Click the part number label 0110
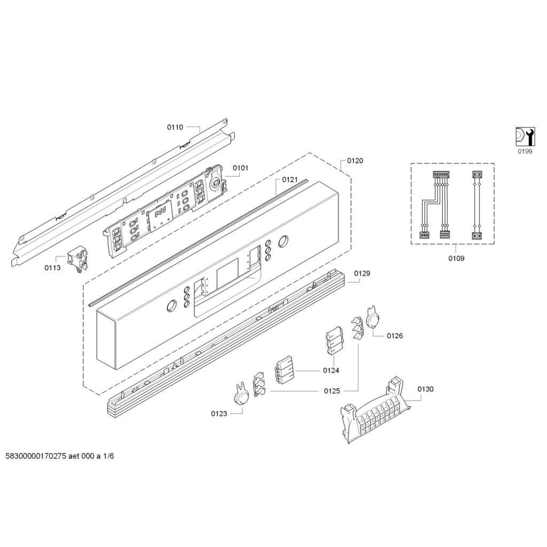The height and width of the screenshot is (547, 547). tap(175, 127)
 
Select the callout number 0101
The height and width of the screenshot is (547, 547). tap(240, 168)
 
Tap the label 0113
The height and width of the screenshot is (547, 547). tap(52, 268)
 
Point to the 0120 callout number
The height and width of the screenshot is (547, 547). tap(355, 160)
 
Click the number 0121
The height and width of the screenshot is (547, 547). tap(290, 179)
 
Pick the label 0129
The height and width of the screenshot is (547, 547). tap(362, 273)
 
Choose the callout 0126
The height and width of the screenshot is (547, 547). tap(395, 335)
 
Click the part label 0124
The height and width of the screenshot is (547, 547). tap(331, 371)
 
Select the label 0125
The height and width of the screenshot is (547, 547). tap(332, 391)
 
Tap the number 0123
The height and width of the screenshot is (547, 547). tap(218, 414)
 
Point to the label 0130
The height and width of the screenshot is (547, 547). tap(425, 389)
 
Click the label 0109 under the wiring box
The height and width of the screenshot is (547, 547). tap(456, 258)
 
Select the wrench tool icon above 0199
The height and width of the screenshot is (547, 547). tap(525, 136)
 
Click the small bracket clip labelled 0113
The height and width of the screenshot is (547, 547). tap(77, 259)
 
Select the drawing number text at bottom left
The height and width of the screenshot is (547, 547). tap(60, 456)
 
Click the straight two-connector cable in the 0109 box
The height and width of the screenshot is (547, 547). tap(476, 205)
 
